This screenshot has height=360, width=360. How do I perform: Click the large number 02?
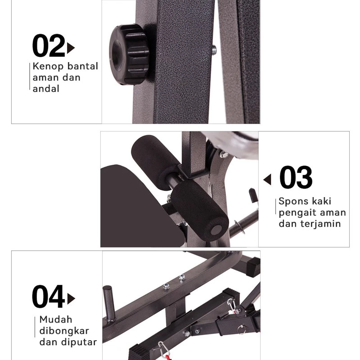[49, 45]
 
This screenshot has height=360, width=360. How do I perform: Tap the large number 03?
[296, 177]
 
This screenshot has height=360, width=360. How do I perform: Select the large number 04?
[49, 296]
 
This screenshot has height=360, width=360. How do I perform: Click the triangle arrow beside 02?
[71, 48]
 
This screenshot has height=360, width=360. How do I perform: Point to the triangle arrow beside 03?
[267, 179]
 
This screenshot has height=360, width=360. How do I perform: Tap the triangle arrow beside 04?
[71, 299]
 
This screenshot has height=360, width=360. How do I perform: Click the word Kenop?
[48, 66]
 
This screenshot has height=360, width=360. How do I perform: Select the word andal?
[46, 88]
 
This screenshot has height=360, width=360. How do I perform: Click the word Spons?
[293, 201]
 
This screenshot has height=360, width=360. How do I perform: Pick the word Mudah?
[56, 319]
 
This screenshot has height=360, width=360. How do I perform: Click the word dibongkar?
[64, 331]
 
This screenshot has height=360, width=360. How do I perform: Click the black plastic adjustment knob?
[129, 54]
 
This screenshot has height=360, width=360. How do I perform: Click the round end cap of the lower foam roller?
[216, 230]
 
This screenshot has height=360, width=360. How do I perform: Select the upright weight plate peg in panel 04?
[108, 303]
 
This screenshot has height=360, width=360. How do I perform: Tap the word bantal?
[83, 66]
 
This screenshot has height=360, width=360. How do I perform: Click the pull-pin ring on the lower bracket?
[241, 329]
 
